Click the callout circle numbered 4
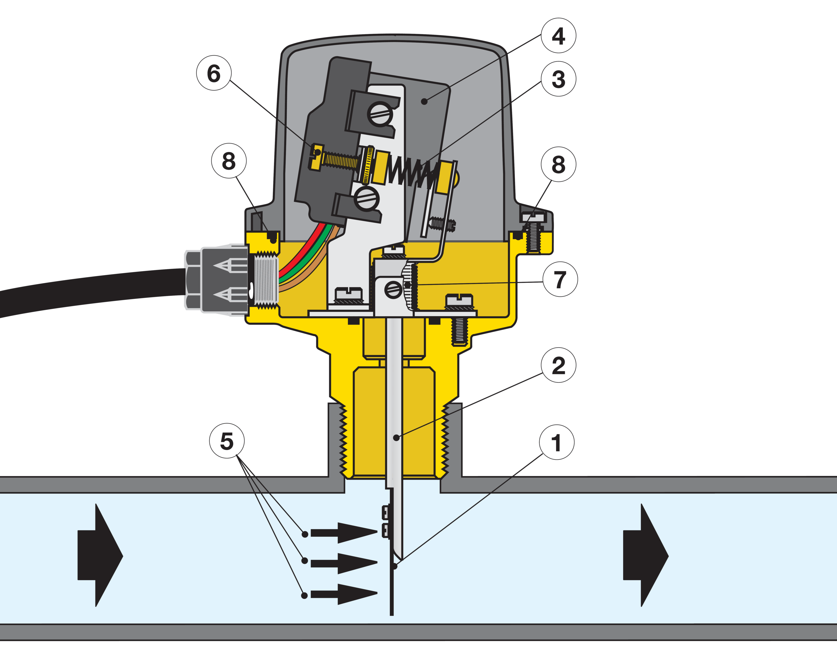[558, 36]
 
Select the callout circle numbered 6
[214, 73]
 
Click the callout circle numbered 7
[560, 279]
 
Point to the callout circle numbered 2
[558, 365]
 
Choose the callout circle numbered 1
[557, 442]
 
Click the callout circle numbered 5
[227, 441]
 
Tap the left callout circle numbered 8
[229, 161]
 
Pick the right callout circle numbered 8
[558, 164]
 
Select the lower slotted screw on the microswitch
[366, 199]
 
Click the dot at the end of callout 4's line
[424, 101]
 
